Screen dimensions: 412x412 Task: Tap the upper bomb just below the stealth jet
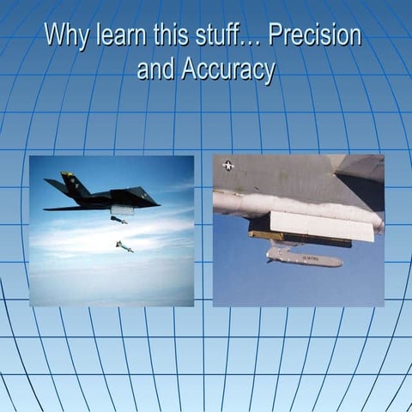click(x=118, y=220)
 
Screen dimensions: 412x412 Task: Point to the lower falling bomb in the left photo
click(x=124, y=246)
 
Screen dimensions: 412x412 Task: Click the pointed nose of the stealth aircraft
click(x=156, y=203)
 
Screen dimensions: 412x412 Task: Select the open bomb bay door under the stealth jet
click(x=123, y=209)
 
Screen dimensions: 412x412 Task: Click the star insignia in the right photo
click(x=228, y=166)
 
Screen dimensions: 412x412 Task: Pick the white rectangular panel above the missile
click(x=321, y=226)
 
